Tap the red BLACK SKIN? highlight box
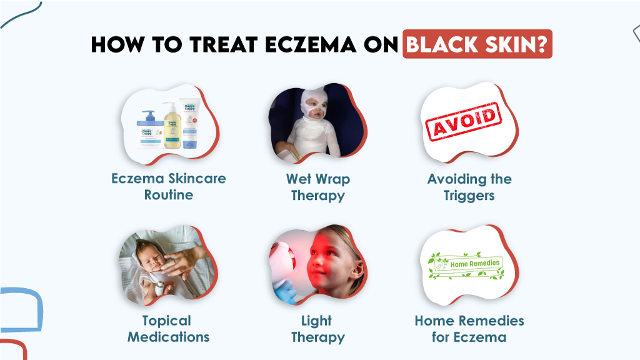(x=477, y=44)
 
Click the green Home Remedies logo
(x=467, y=265)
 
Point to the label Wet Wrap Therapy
(x=317, y=187)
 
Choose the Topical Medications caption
(x=168, y=329)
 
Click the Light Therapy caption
(x=317, y=329)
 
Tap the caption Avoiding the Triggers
(x=469, y=187)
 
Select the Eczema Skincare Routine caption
(x=169, y=186)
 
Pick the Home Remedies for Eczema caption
(x=469, y=329)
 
